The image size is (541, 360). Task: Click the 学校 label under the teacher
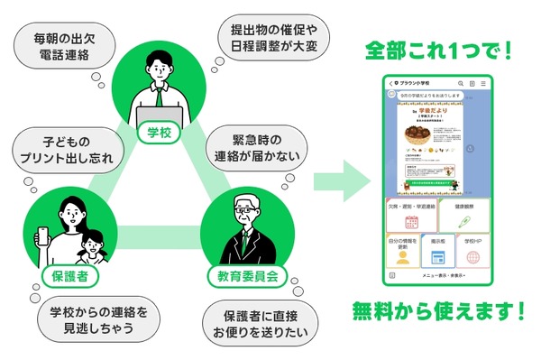(x=159, y=133)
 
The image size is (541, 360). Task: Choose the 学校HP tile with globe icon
(x=472, y=252)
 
